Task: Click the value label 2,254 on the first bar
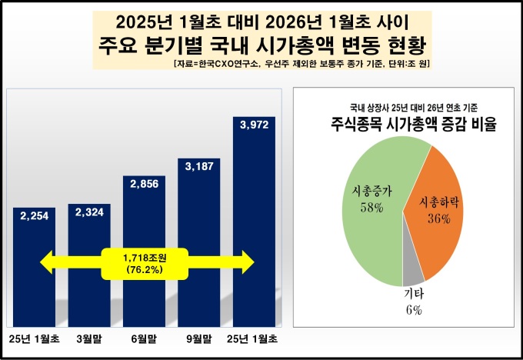pos(34,216)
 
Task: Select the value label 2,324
pos(89,213)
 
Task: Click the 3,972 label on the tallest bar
pos(254,125)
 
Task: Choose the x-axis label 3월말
pos(89,338)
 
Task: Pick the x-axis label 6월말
pos(144,338)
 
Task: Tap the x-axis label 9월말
pos(199,338)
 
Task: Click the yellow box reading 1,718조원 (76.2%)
pos(144,263)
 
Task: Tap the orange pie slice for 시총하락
pos(438,208)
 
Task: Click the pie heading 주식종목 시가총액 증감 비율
pos(403,124)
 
